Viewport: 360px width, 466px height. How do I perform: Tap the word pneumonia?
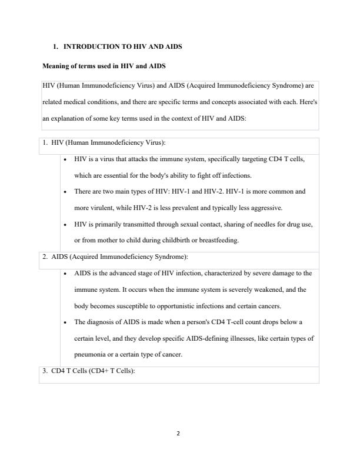tap(91, 355)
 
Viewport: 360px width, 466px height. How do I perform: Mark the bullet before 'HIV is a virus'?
tap(64, 160)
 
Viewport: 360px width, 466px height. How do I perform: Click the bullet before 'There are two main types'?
tap(64, 192)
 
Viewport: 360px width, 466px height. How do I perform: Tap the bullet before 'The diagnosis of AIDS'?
tap(64, 322)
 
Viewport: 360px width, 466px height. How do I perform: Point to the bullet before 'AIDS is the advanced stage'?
tap(64, 274)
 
